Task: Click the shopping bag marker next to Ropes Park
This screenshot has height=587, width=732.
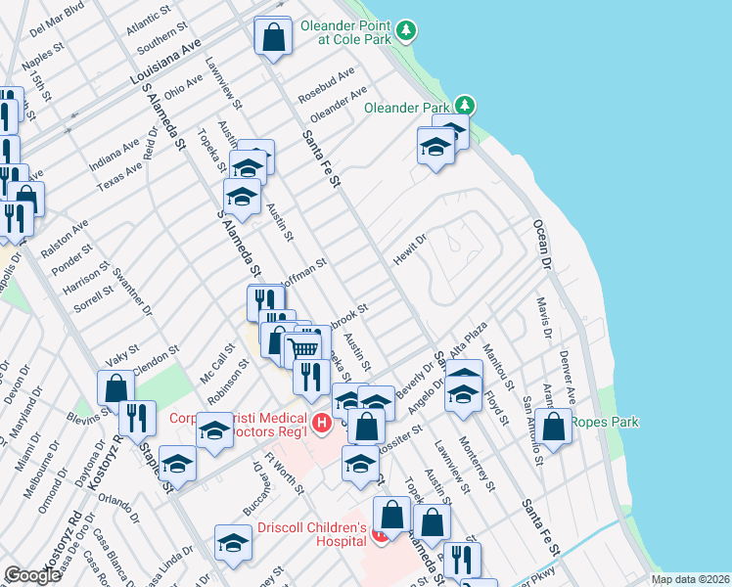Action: [554, 427]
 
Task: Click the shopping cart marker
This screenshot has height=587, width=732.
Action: [304, 348]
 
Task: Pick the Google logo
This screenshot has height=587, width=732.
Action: [32, 575]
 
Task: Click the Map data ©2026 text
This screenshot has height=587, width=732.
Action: [689, 579]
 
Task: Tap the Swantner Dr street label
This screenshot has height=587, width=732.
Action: [133, 293]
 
